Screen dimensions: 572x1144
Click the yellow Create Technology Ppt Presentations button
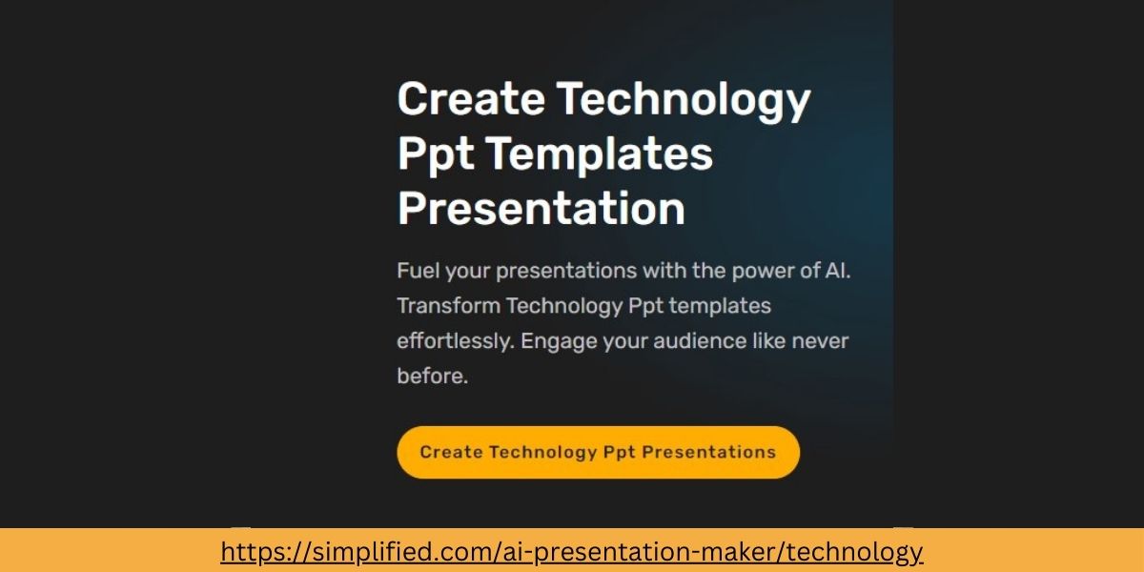point(598,452)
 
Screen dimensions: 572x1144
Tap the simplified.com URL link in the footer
point(572,551)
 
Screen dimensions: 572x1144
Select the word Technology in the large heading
point(683,99)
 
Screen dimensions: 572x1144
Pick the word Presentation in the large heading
point(541,208)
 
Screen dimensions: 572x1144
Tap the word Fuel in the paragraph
point(417,271)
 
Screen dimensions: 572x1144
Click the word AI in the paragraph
point(835,271)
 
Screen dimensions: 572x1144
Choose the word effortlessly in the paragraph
point(455,340)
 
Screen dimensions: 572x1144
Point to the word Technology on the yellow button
point(542,452)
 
